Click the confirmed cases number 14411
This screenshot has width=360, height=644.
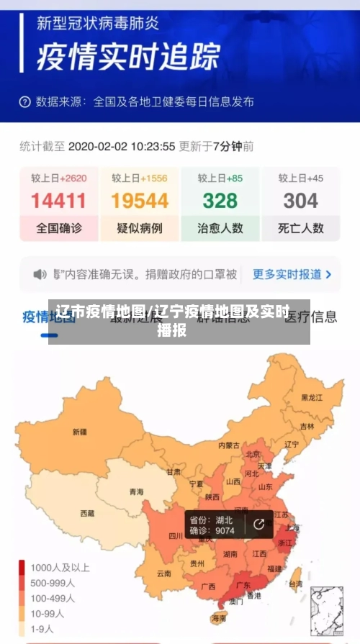pos(58,200)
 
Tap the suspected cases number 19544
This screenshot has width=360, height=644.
pos(139,200)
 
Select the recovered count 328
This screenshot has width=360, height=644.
pos(220,200)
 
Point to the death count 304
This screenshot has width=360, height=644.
pos(300,200)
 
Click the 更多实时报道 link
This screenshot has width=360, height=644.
pos(292,274)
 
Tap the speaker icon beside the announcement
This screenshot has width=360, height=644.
pos(40,274)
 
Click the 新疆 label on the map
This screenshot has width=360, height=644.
pos(79,432)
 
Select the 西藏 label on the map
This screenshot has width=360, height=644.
pos(87,514)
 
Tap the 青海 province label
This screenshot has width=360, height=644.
pos(136,492)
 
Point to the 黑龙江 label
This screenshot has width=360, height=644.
pos(312,397)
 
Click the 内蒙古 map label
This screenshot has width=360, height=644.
pos(228,445)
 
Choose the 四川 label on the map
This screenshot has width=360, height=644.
pos(176,535)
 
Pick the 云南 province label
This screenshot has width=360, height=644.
pos(163,573)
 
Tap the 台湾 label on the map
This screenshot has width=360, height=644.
pos(295,585)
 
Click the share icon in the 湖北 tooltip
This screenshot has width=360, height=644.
pos(258,525)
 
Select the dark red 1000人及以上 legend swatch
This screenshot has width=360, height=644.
pos(22,566)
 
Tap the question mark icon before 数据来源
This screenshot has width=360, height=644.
pos(25,102)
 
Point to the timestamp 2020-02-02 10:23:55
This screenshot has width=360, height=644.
pos(121,146)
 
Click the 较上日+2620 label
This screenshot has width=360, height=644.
pos(58,178)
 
